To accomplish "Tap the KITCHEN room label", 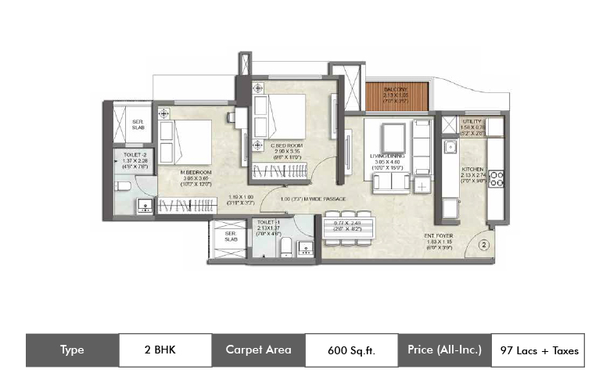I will pyautogui.click(x=472, y=169).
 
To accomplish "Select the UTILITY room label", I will pyautogui.click(x=472, y=122).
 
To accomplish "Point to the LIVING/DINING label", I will pyautogui.click(x=389, y=156).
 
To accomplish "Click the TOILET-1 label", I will pyautogui.click(x=268, y=223).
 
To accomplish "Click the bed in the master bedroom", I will pyautogui.click(x=191, y=140).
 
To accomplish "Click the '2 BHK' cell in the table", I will pyautogui.click(x=165, y=350).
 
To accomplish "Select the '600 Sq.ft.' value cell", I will pyautogui.click(x=351, y=350).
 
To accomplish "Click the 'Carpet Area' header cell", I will pyautogui.click(x=258, y=350).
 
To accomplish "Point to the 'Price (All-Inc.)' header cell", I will pyautogui.click(x=444, y=350).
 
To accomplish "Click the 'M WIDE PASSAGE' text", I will pyautogui.click(x=320, y=199).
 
